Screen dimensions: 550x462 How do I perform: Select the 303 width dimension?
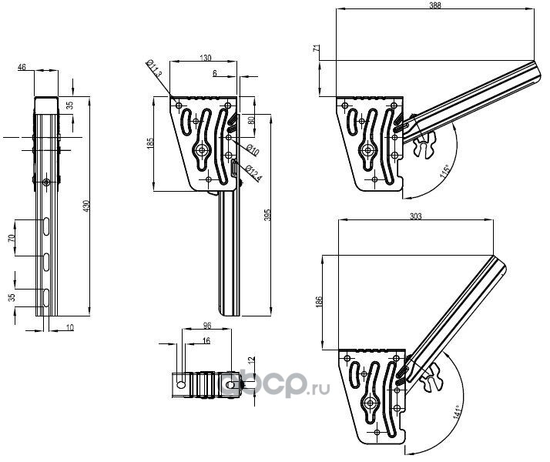click(415, 218)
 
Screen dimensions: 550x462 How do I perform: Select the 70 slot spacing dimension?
click(11, 239)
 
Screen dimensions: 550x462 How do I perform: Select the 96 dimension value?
click(206, 326)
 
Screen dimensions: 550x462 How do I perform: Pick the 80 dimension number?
click(250, 122)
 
